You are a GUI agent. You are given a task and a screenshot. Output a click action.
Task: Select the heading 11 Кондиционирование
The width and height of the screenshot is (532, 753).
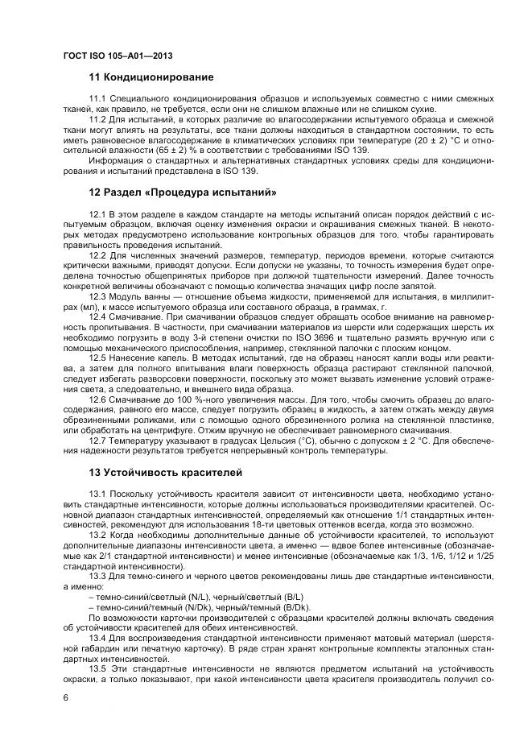pyautogui.click(x=151, y=77)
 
